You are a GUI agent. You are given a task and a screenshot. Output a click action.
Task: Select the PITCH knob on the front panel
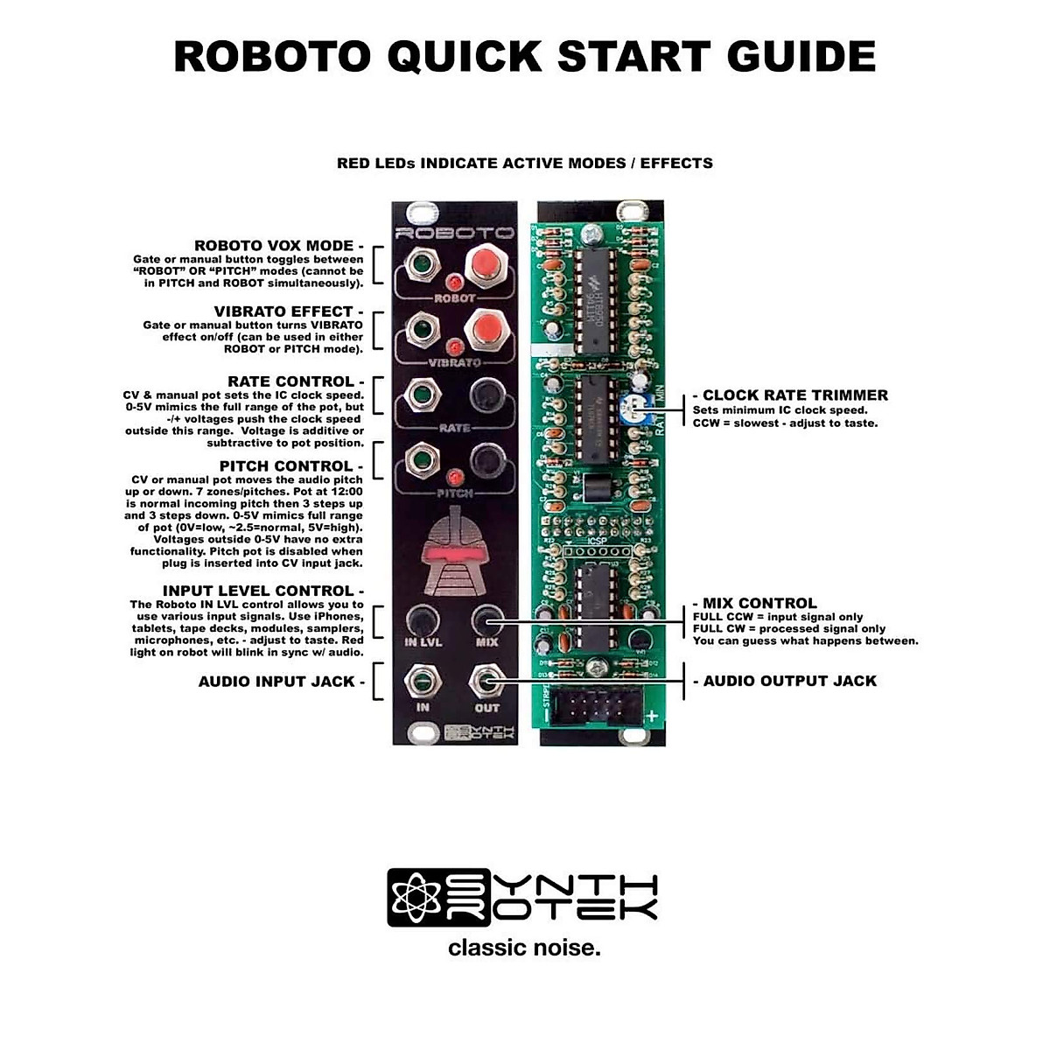(x=486, y=460)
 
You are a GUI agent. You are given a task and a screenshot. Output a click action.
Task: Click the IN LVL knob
(x=423, y=620)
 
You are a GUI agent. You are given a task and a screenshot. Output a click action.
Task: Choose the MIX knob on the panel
(x=486, y=620)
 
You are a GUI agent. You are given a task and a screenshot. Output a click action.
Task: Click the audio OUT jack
(x=486, y=680)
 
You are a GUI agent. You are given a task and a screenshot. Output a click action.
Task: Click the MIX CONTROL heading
(x=754, y=603)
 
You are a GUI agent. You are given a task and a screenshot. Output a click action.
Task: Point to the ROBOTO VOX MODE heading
(x=278, y=246)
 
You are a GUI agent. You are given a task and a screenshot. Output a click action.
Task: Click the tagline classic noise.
(x=524, y=948)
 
